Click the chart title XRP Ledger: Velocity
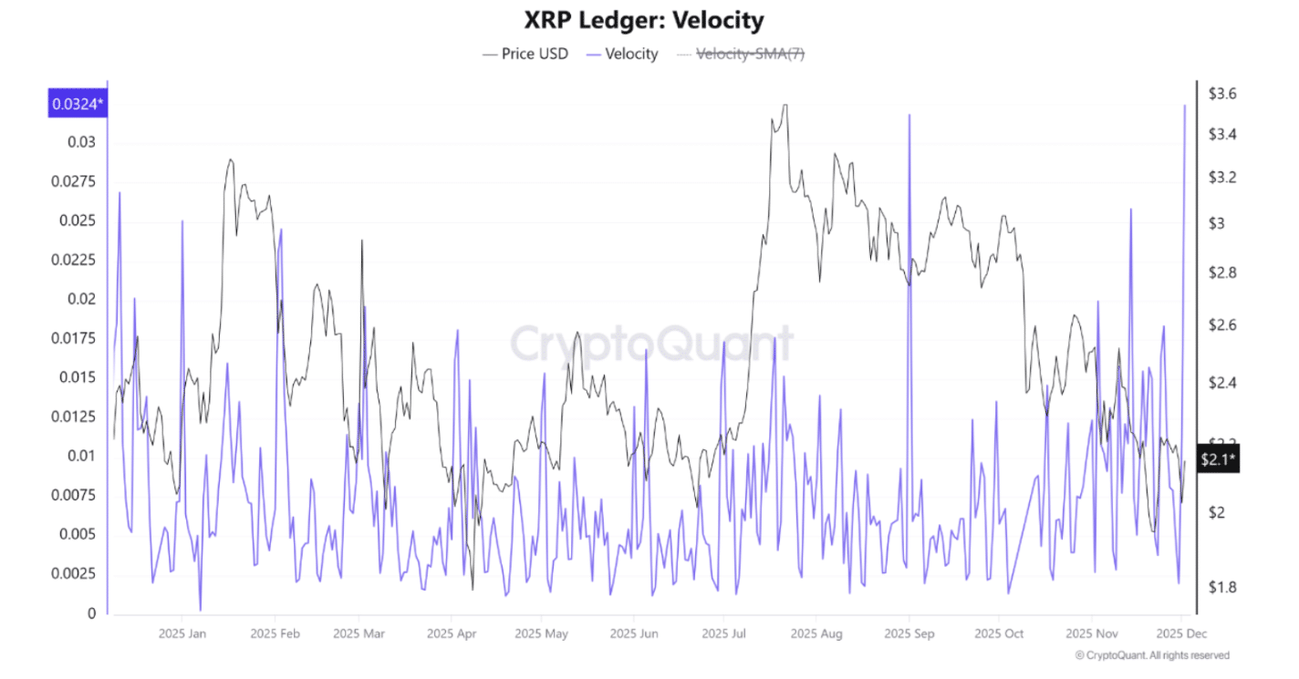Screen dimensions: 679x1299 (644, 20)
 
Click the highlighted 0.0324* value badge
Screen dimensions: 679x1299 (78, 105)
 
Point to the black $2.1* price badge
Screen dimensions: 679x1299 (1218, 459)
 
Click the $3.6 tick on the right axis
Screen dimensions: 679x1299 (1221, 93)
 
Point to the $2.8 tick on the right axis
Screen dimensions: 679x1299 (1221, 273)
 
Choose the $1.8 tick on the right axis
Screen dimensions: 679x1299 (1221, 586)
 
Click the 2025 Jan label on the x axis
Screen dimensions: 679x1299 (182, 633)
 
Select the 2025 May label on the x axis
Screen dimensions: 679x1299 (541, 633)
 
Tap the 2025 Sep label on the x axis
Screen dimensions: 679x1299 (909, 633)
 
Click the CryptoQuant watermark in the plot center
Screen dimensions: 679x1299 (650, 344)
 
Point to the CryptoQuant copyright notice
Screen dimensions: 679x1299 (1151, 655)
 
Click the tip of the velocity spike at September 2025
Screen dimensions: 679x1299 (909, 115)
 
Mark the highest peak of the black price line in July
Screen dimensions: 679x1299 (784, 105)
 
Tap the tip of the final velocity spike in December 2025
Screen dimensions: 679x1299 (1185, 106)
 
